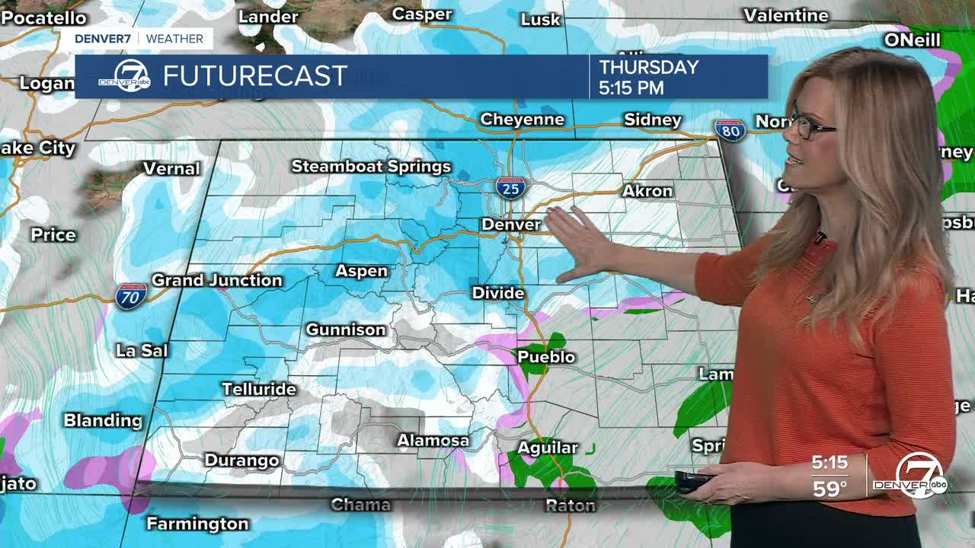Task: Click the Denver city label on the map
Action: click(x=510, y=225)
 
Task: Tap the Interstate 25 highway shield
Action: click(x=510, y=186)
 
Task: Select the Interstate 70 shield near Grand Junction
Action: click(x=131, y=295)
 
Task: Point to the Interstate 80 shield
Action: click(x=730, y=130)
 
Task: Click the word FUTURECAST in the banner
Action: click(x=255, y=76)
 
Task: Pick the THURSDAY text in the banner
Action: click(x=648, y=67)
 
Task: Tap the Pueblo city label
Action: click(x=546, y=357)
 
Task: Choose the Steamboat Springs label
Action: click(x=371, y=167)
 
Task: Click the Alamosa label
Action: click(x=433, y=441)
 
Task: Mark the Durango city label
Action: click(x=241, y=460)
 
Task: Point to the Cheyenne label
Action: click(x=522, y=119)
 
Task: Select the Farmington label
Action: click(x=197, y=524)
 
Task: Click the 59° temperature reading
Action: click(x=830, y=489)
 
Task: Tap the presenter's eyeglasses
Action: click(x=810, y=126)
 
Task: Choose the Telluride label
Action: click(x=258, y=389)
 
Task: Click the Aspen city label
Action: click(x=361, y=271)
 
